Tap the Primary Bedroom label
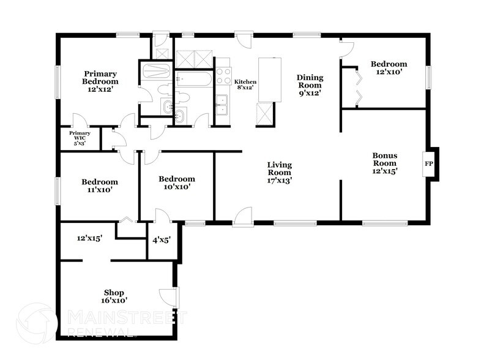coord(102,81)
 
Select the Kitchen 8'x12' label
coord(245,85)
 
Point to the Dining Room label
coord(310,85)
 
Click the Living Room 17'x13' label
coord(279,173)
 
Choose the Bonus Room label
coord(385,163)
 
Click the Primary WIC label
coord(80,137)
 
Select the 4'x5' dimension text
coord(161,239)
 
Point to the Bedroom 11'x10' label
coord(99,186)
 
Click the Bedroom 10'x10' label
coord(177,183)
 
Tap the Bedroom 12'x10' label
coord(389,67)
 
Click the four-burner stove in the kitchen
coord(223,77)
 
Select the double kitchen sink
coord(223,106)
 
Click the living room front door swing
coord(243,216)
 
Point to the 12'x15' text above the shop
coord(89,238)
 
